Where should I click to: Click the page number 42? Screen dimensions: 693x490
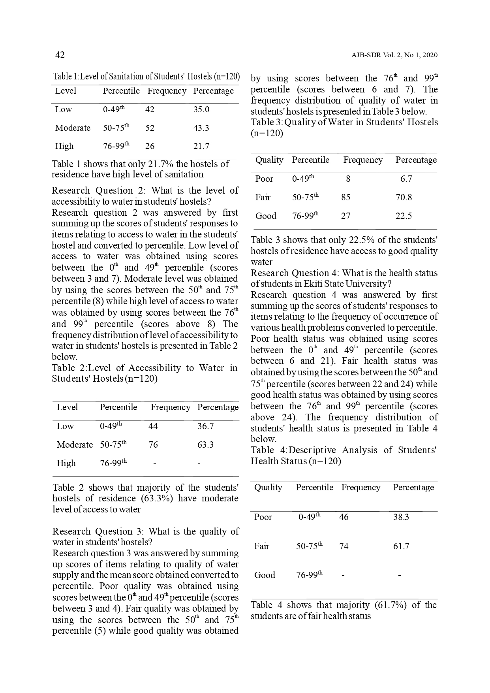tap(60, 55)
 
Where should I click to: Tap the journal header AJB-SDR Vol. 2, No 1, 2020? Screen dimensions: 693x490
tap(394, 55)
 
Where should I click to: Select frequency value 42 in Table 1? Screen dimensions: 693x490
tap(150, 109)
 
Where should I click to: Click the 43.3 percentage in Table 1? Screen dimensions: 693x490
tap(201, 128)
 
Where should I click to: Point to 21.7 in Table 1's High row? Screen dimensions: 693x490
tap(201, 146)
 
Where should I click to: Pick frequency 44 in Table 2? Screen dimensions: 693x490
tap(153, 426)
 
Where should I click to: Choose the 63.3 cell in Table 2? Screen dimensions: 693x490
tap(205, 444)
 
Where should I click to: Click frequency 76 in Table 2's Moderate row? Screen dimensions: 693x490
tap(153, 444)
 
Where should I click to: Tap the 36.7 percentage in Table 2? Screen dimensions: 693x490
tap(205, 426)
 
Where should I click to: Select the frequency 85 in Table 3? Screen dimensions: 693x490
tap(345, 197)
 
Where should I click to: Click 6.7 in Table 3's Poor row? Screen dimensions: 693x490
tap(406, 179)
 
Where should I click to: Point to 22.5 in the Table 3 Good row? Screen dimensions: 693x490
tap(404, 216)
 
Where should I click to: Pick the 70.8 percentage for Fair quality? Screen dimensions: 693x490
tap(404, 197)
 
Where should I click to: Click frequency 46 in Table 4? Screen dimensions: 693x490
tap(344, 517)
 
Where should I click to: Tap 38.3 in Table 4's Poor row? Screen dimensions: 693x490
tap(401, 517)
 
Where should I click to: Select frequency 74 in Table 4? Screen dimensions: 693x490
tap(344, 546)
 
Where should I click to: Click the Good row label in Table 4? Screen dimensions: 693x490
tap(265, 575)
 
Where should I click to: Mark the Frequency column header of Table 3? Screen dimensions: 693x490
tap(363, 160)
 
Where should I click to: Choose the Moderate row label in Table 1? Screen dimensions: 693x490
tap(73, 128)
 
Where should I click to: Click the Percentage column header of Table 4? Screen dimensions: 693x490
tap(413, 488)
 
